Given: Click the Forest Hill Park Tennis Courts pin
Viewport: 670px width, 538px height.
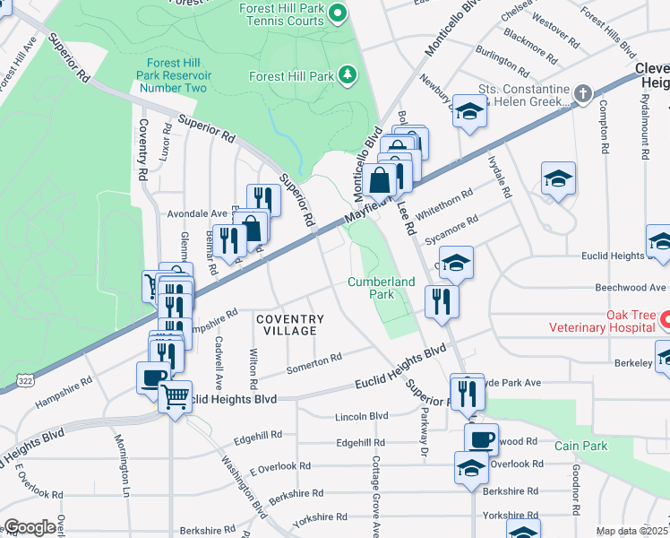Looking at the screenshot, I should coord(338,13).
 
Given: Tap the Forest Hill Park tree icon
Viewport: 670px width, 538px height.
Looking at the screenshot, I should coord(347,76).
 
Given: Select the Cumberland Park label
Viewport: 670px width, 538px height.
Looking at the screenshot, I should coord(382,287).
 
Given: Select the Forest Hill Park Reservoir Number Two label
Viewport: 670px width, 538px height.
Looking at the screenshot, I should coord(172,75).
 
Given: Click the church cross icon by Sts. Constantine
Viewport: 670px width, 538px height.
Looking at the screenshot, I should coord(582,92).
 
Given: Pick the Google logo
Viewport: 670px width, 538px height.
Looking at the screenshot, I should coord(29,527).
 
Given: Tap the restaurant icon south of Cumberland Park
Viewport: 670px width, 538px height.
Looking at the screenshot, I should coord(442,301).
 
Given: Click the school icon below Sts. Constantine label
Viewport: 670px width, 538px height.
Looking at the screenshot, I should coord(468,111).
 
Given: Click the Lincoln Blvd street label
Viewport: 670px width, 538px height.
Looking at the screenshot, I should coord(361,416).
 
